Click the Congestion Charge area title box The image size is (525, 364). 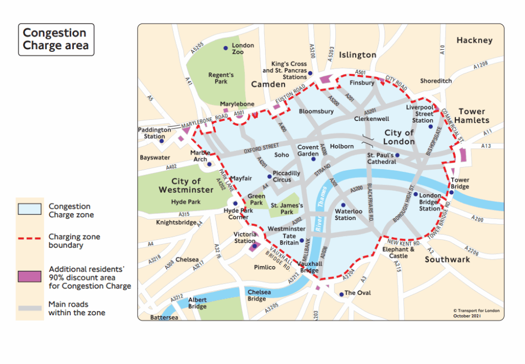pyautogui.click(x=56, y=39)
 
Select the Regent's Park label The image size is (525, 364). pyautogui.click(x=221, y=78)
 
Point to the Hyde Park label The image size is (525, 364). pyautogui.click(x=185, y=202)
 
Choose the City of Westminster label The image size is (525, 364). pyautogui.click(x=185, y=186)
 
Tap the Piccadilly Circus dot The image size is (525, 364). pyautogui.click(x=269, y=177)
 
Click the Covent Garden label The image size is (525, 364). pyautogui.click(x=308, y=150)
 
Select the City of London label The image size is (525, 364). pyautogui.click(x=399, y=137)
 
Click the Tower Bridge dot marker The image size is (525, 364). pyautogui.click(x=452, y=193)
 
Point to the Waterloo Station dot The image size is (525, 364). pyautogui.click(x=344, y=205)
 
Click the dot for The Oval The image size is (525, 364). pyautogui.click(x=341, y=294)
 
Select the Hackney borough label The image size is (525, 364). pyautogui.click(x=474, y=40)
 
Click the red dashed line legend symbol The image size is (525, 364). pyautogui.click(x=29, y=239)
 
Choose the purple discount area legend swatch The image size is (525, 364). pyautogui.click(x=29, y=276)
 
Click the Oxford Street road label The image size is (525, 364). pyautogui.click(x=261, y=148)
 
